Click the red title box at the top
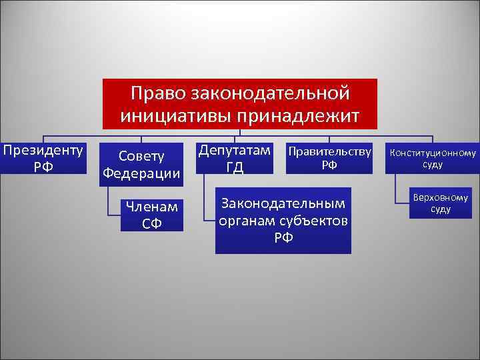tap(240, 103)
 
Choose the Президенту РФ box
tap(43, 157)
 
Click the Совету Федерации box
tap(141, 165)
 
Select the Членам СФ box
tap(151, 215)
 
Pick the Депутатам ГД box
tap(235, 158)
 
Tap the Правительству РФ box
tap(329, 158)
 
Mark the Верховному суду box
tap(441, 203)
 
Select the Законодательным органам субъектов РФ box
tap(283, 220)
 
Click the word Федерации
tap(141, 174)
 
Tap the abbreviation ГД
tap(235, 167)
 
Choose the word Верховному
tap(441, 198)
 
